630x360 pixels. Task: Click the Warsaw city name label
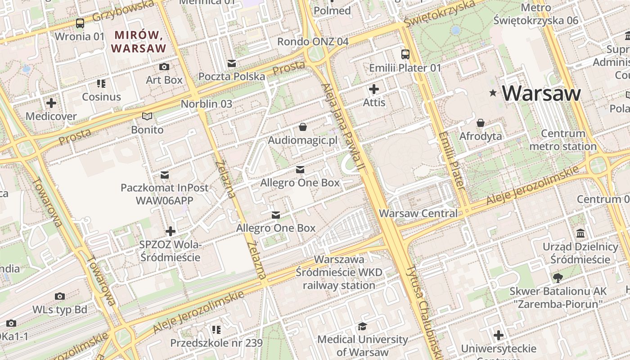(x=541, y=93)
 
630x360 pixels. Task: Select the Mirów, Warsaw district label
(x=139, y=41)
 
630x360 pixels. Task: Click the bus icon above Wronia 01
(x=80, y=23)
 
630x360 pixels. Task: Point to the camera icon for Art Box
(x=164, y=67)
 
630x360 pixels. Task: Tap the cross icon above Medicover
(x=51, y=103)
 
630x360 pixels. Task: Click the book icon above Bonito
(x=147, y=117)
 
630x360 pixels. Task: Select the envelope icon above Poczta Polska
(x=232, y=63)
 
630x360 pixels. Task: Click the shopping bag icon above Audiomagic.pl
(x=303, y=127)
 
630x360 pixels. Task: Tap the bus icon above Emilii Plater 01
(x=405, y=54)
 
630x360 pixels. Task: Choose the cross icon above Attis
(x=374, y=89)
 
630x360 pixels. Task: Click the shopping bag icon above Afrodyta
(x=481, y=123)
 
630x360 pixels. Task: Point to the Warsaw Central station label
(x=418, y=213)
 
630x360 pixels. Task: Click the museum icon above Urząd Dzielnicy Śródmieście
(x=580, y=234)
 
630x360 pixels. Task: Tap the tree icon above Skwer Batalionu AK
(x=558, y=278)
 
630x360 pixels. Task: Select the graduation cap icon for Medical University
(x=362, y=326)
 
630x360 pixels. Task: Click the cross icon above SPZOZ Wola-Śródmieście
(x=171, y=231)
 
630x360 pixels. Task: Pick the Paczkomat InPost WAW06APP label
(x=164, y=194)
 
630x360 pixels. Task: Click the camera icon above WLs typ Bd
(x=59, y=296)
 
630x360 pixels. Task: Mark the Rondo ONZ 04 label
(x=313, y=41)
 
